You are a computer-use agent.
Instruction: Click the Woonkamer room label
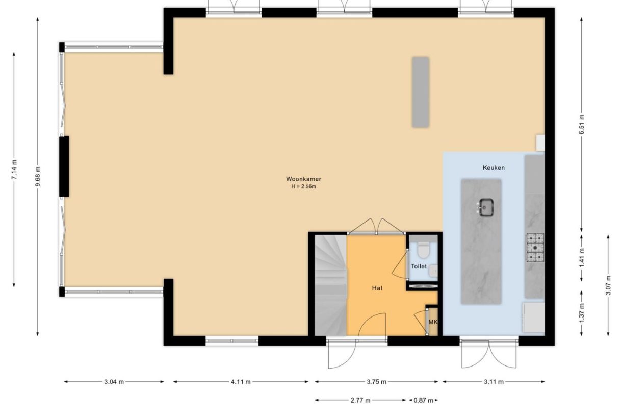point(303,179)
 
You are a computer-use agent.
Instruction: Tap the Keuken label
point(494,168)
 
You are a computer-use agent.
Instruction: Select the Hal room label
point(377,288)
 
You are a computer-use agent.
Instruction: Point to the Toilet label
point(419,266)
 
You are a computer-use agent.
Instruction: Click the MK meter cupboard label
point(433,322)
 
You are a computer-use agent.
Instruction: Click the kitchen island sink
point(486,207)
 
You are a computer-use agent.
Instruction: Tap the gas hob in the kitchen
point(535,248)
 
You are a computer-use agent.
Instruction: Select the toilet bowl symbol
point(424,249)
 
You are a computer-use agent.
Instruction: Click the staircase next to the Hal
point(330,285)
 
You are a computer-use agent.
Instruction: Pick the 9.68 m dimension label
point(38,177)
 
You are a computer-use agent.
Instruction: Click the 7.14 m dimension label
point(14,169)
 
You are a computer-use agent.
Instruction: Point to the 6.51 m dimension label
point(581,124)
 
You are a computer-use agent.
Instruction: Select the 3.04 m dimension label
point(114,382)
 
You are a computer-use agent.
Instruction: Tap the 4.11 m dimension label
point(241,382)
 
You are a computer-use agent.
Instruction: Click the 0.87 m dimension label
point(423,401)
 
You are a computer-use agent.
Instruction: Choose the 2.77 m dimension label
point(360,401)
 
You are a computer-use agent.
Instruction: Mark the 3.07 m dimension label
point(608,285)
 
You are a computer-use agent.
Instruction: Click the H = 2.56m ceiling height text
point(303,186)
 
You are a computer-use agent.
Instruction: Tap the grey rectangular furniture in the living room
point(421,92)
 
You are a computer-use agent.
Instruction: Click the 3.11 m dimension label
point(494,382)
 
